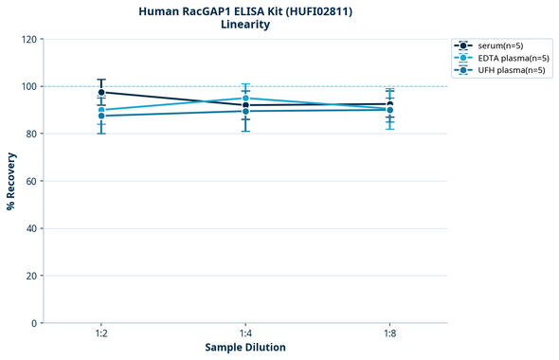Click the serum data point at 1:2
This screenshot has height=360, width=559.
(101, 92)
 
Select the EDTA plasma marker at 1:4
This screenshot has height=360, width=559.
(245, 99)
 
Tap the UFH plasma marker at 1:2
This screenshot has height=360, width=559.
(101, 116)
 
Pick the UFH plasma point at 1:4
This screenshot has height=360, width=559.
(245, 111)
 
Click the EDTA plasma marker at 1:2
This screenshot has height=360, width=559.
(101, 110)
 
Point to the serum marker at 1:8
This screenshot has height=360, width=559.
(389, 104)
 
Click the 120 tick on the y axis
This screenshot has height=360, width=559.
(28, 40)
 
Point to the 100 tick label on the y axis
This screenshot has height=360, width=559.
(28, 86)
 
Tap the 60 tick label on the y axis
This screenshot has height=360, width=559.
(31, 181)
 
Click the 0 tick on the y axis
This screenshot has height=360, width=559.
(34, 323)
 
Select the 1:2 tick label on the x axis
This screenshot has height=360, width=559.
(101, 334)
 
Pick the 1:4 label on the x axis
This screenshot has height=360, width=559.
(245, 334)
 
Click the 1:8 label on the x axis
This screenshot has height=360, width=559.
(389, 334)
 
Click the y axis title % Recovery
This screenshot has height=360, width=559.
(11, 181)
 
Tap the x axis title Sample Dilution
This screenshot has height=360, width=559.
(245, 348)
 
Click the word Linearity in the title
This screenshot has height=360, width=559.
(244, 25)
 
